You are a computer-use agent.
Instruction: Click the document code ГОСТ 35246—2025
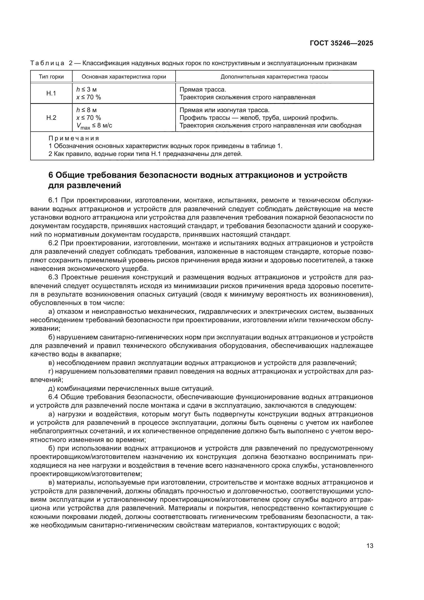click(341, 43)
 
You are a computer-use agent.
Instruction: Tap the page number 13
click(370, 546)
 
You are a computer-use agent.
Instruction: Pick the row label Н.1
click(51, 93)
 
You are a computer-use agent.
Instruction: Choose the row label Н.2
click(51, 117)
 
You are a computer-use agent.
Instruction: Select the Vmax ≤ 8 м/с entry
click(94, 126)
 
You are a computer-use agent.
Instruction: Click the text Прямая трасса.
click(203, 90)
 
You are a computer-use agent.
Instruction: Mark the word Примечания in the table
click(74, 138)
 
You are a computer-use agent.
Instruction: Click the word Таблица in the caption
click(47, 63)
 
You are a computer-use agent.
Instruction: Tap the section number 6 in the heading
click(51, 175)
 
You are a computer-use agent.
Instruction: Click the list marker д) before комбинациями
click(52, 388)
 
